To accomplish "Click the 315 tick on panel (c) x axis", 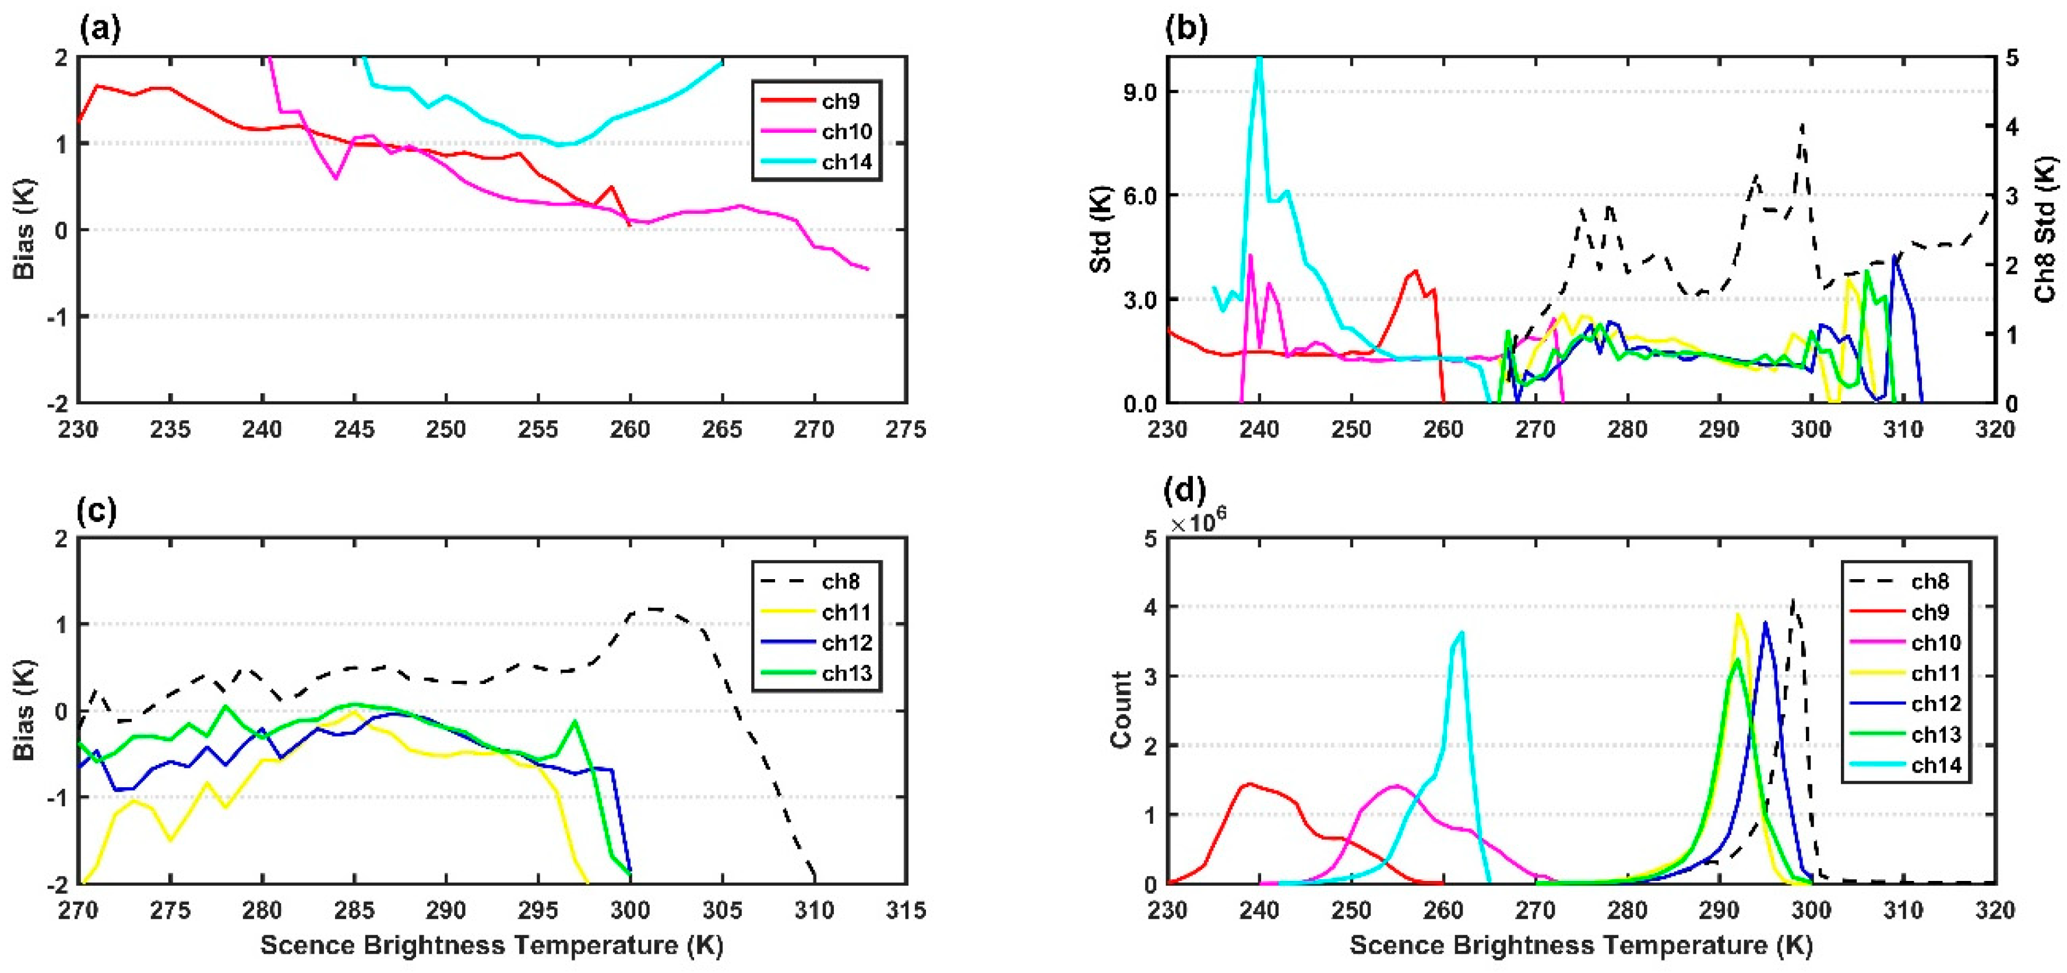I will click(x=907, y=911).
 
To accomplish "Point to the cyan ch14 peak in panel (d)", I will click(x=1461, y=633).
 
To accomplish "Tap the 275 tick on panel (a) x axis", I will click(x=907, y=429).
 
